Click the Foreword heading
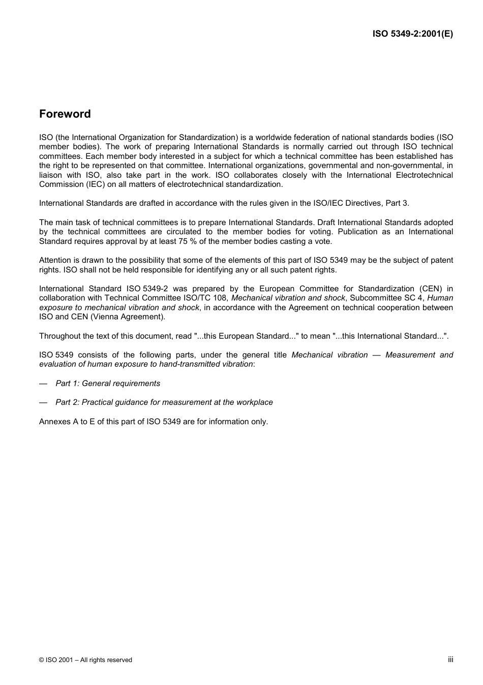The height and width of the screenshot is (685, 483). [x=65, y=114]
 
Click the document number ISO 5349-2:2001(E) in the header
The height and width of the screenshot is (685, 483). [x=412, y=34]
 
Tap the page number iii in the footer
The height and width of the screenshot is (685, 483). [x=450, y=659]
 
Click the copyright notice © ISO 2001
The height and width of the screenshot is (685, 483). [x=85, y=660]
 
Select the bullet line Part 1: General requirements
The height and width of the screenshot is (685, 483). [x=108, y=383]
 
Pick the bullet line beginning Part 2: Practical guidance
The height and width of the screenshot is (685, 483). [x=164, y=402]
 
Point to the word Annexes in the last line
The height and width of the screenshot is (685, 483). [x=54, y=422]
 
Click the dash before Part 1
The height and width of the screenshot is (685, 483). [x=43, y=383]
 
